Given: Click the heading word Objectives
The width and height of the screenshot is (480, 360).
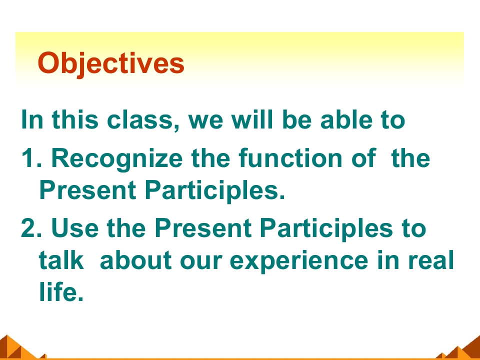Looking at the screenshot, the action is tap(111, 63).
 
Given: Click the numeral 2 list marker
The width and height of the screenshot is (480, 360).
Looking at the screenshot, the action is tap(31, 227).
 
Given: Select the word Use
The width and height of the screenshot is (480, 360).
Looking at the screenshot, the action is tap(75, 228).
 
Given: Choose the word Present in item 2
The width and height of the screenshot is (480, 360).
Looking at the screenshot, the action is tap(203, 228).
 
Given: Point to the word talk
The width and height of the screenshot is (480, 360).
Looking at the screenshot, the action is tap(61, 259).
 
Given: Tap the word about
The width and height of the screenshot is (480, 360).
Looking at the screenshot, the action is tap(135, 259).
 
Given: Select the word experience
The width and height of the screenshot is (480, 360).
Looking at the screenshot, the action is tap(299, 261).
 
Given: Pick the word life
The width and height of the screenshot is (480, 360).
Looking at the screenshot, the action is tap(61, 291).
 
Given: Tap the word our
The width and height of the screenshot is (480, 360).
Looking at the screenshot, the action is tap(201, 261).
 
